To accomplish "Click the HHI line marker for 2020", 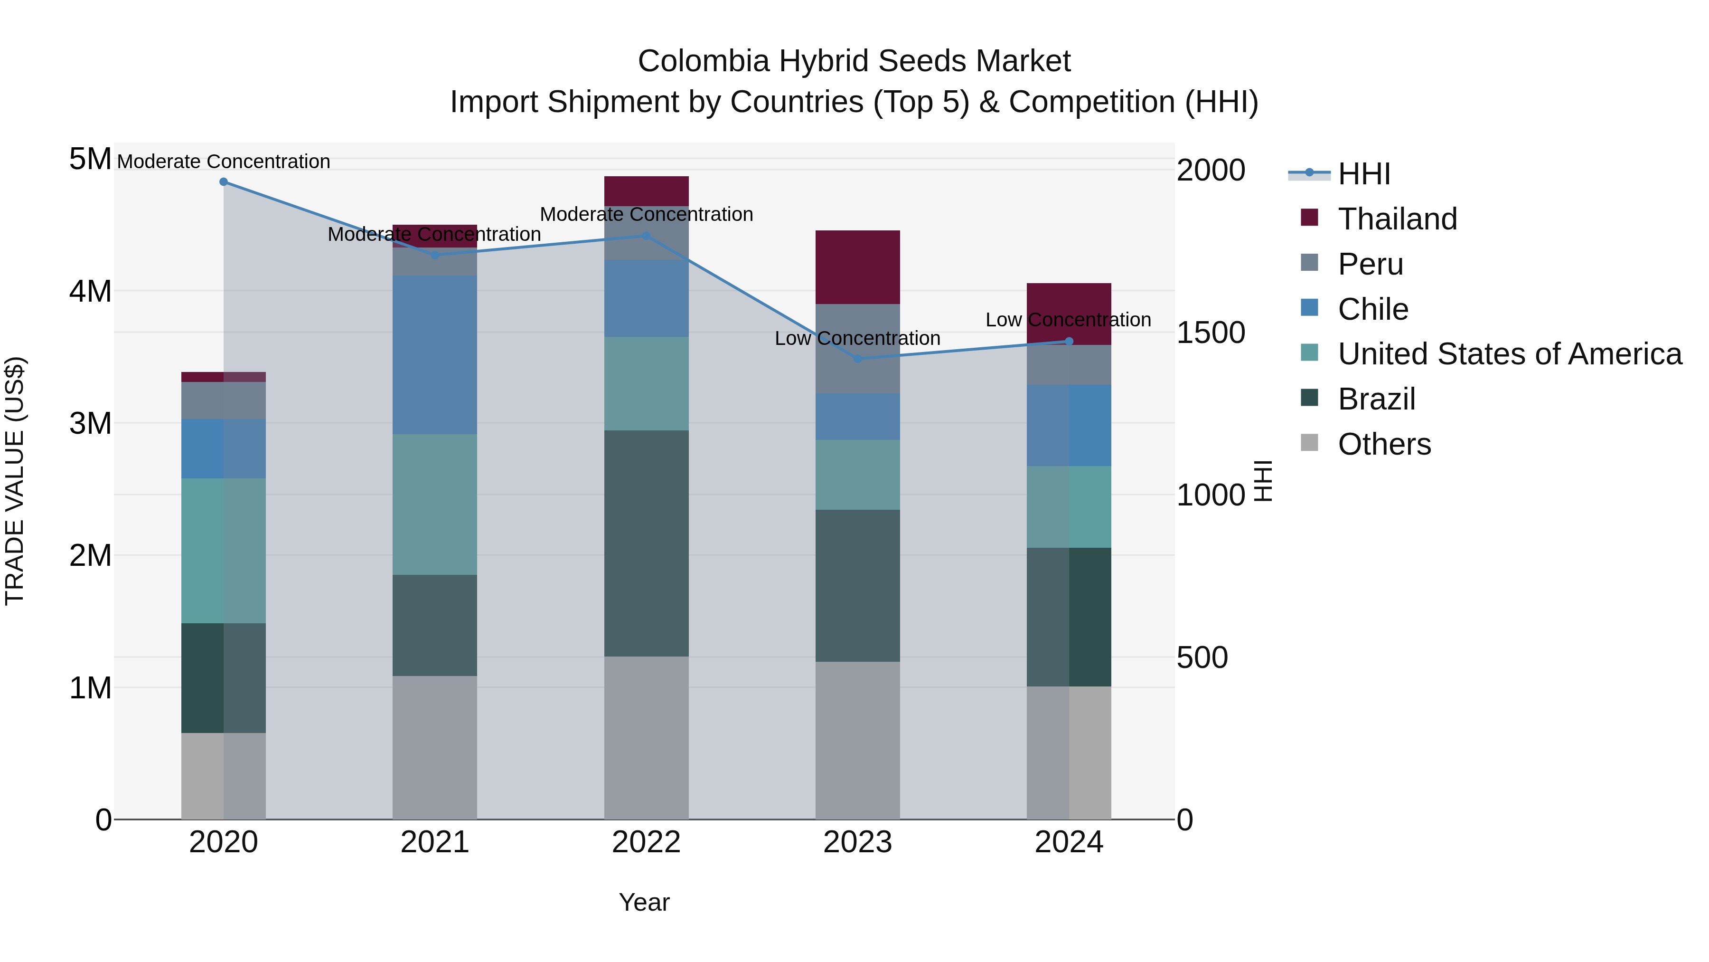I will pos(224,182).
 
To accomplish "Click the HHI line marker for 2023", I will pos(857,359).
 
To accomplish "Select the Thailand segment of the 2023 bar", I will pos(857,267).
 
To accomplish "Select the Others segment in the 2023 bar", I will pos(857,740).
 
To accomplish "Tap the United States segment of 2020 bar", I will pos(224,551).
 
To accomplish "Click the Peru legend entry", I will pos(1370,264).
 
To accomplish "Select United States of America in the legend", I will pos(1509,354).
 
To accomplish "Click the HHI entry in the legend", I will pos(1363,174).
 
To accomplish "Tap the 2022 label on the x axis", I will pos(646,842).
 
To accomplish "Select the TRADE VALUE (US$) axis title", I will pos(15,481).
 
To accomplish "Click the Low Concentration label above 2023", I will pos(857,339).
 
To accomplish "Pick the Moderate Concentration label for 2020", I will pos(224,162).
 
